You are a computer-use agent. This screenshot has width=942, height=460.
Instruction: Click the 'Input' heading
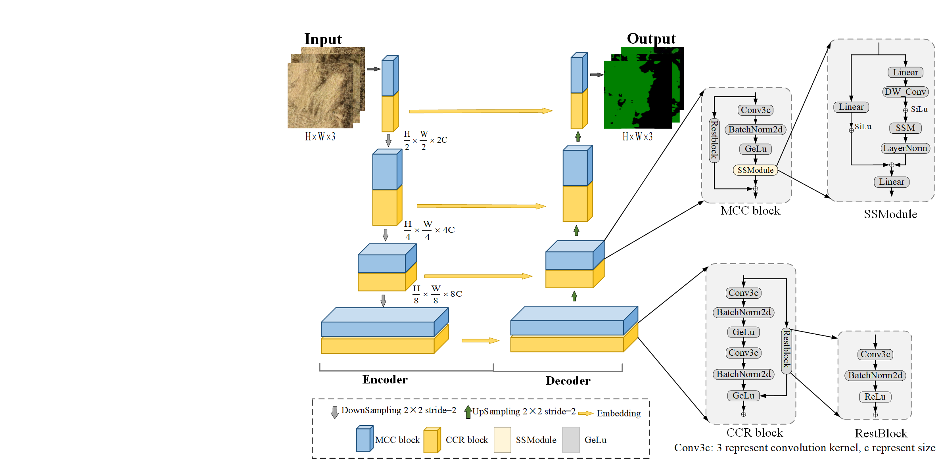tap(323, 39)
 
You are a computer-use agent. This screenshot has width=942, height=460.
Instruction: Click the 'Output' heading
tap(651, 38)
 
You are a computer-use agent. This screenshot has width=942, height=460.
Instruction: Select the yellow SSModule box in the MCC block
tap(755, 170)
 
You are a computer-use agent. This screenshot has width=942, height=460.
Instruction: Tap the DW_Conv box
tap(905, 92)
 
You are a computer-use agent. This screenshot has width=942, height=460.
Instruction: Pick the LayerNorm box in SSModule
tap(905, 148)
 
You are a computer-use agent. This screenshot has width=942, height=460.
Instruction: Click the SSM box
tap(905, 128)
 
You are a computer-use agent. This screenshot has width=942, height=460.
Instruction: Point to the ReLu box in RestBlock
tap(875, 397)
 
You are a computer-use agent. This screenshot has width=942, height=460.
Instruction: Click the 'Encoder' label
tap(385, 380)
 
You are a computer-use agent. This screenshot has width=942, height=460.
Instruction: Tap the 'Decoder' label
tap(568, 381)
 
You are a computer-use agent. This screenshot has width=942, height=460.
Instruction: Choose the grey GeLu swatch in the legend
tap(571, 440)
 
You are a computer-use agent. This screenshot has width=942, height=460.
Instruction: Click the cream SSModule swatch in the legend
tap(502, 440)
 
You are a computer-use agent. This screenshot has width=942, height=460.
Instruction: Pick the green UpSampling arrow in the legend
tap(468, 412)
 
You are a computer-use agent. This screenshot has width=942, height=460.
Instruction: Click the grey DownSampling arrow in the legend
tap(335, 412)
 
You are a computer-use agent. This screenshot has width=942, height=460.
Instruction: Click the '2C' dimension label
tap(442, 140)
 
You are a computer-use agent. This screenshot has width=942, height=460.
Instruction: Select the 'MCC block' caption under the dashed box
tap(750, 211)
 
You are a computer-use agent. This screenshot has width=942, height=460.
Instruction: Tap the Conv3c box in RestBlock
tap(875, 355)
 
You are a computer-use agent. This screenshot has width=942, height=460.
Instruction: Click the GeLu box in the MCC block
tap(755, 149)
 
